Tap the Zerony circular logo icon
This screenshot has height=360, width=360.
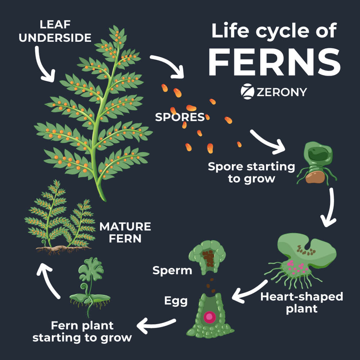point(247,91)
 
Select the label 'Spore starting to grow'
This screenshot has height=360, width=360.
point(251,172)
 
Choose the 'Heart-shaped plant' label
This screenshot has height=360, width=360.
point(301,302)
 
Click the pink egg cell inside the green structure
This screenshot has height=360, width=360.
point(209,317)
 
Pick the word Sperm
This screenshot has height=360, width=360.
point(172,271)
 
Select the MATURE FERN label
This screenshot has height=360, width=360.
point(125,232)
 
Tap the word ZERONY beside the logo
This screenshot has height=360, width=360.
point(282,92)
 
